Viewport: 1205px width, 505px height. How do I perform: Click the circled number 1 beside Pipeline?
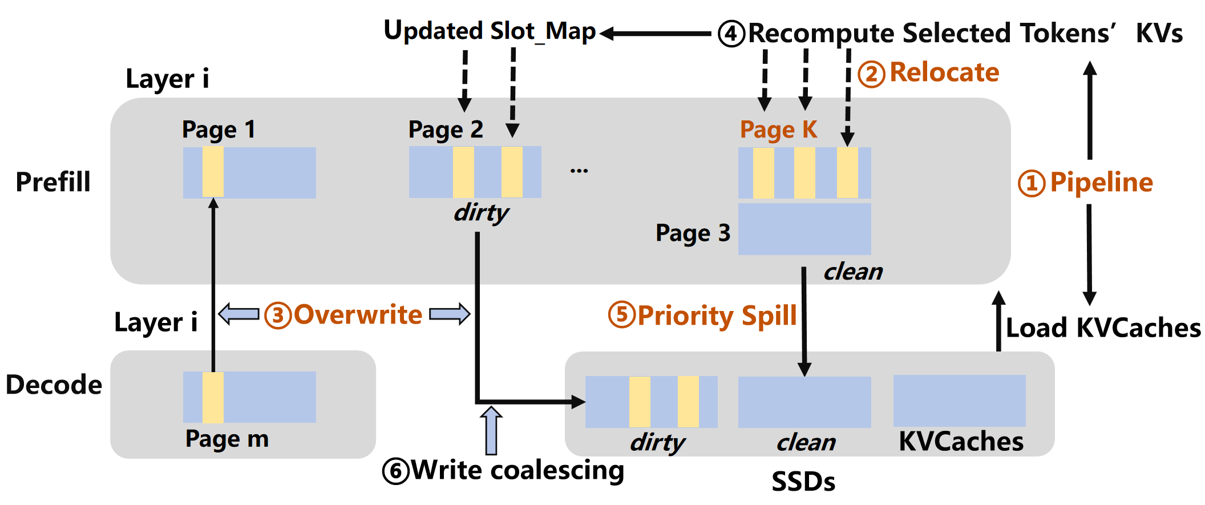point(1031,184)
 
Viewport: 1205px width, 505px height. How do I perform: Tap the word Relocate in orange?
point(944,72)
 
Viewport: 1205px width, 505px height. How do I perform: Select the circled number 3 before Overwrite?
point(278,315)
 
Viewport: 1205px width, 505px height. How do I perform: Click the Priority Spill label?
point(717,316)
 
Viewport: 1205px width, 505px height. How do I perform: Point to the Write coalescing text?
point(517,470)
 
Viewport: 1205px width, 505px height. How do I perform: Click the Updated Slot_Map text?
point(490,31)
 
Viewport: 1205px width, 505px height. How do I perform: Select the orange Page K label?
point(778,130)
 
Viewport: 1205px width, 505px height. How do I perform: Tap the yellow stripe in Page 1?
point(213,172)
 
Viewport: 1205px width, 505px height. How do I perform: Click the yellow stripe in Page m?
point(213,397)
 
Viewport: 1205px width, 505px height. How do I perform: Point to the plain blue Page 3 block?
point(804,229)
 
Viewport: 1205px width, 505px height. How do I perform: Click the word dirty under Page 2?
point(480,213)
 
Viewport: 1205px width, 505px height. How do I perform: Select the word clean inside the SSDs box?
point(805,442)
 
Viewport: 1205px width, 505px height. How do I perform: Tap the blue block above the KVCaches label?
point(959,401)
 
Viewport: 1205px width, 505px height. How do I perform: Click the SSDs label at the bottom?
point(803,482)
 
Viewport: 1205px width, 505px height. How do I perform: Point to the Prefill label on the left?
point(53,183)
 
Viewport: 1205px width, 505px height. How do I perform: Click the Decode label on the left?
point(54,385)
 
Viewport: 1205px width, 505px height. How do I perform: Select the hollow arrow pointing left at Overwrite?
point(238,314)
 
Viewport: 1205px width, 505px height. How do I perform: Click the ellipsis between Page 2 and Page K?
point(579,171)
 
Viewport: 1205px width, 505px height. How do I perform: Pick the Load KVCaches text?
point(1102,328)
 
